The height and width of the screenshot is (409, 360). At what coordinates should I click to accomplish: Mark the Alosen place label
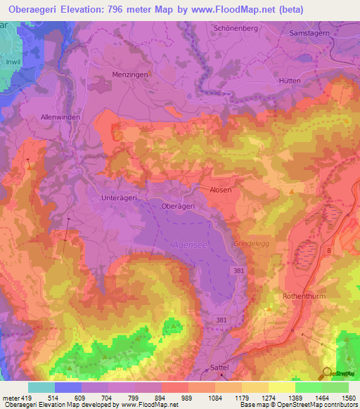tap(220, 190)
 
